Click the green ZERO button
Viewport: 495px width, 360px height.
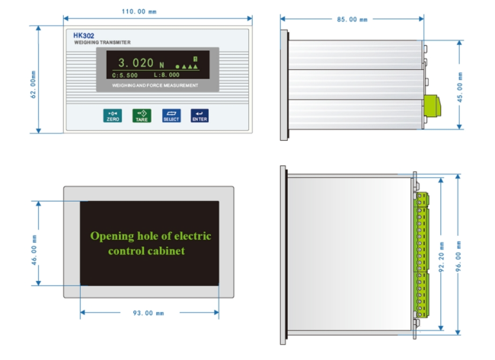113,116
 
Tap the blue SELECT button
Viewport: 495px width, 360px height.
171,116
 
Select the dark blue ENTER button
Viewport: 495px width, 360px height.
200,116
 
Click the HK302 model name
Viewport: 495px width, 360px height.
84,36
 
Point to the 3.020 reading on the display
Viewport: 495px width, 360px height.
136,62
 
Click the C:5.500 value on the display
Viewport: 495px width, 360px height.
125,75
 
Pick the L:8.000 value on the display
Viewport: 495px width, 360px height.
167,75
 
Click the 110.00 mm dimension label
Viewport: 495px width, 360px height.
139,11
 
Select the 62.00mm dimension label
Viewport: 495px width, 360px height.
34,84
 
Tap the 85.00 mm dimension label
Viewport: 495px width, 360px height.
352,20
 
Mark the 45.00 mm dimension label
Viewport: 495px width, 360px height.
460,88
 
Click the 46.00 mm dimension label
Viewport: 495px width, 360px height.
34,250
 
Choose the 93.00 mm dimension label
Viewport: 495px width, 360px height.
148,313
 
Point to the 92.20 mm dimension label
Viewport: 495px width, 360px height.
442,257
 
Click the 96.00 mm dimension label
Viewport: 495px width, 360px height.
458,256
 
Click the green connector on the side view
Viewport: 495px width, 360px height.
432,106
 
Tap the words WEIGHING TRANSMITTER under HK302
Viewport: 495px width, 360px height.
102,43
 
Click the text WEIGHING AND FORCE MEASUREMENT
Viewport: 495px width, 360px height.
155,85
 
